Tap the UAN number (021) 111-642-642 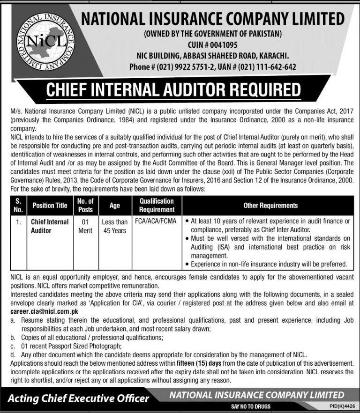point(269,67)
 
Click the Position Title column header point(50,206)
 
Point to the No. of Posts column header point(85,206)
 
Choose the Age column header point(114,206)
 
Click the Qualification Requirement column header point(156,206)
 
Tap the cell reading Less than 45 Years point(114,226)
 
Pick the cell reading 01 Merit point(85,226)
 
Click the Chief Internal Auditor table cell point(50,226)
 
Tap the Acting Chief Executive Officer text point(79,398)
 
